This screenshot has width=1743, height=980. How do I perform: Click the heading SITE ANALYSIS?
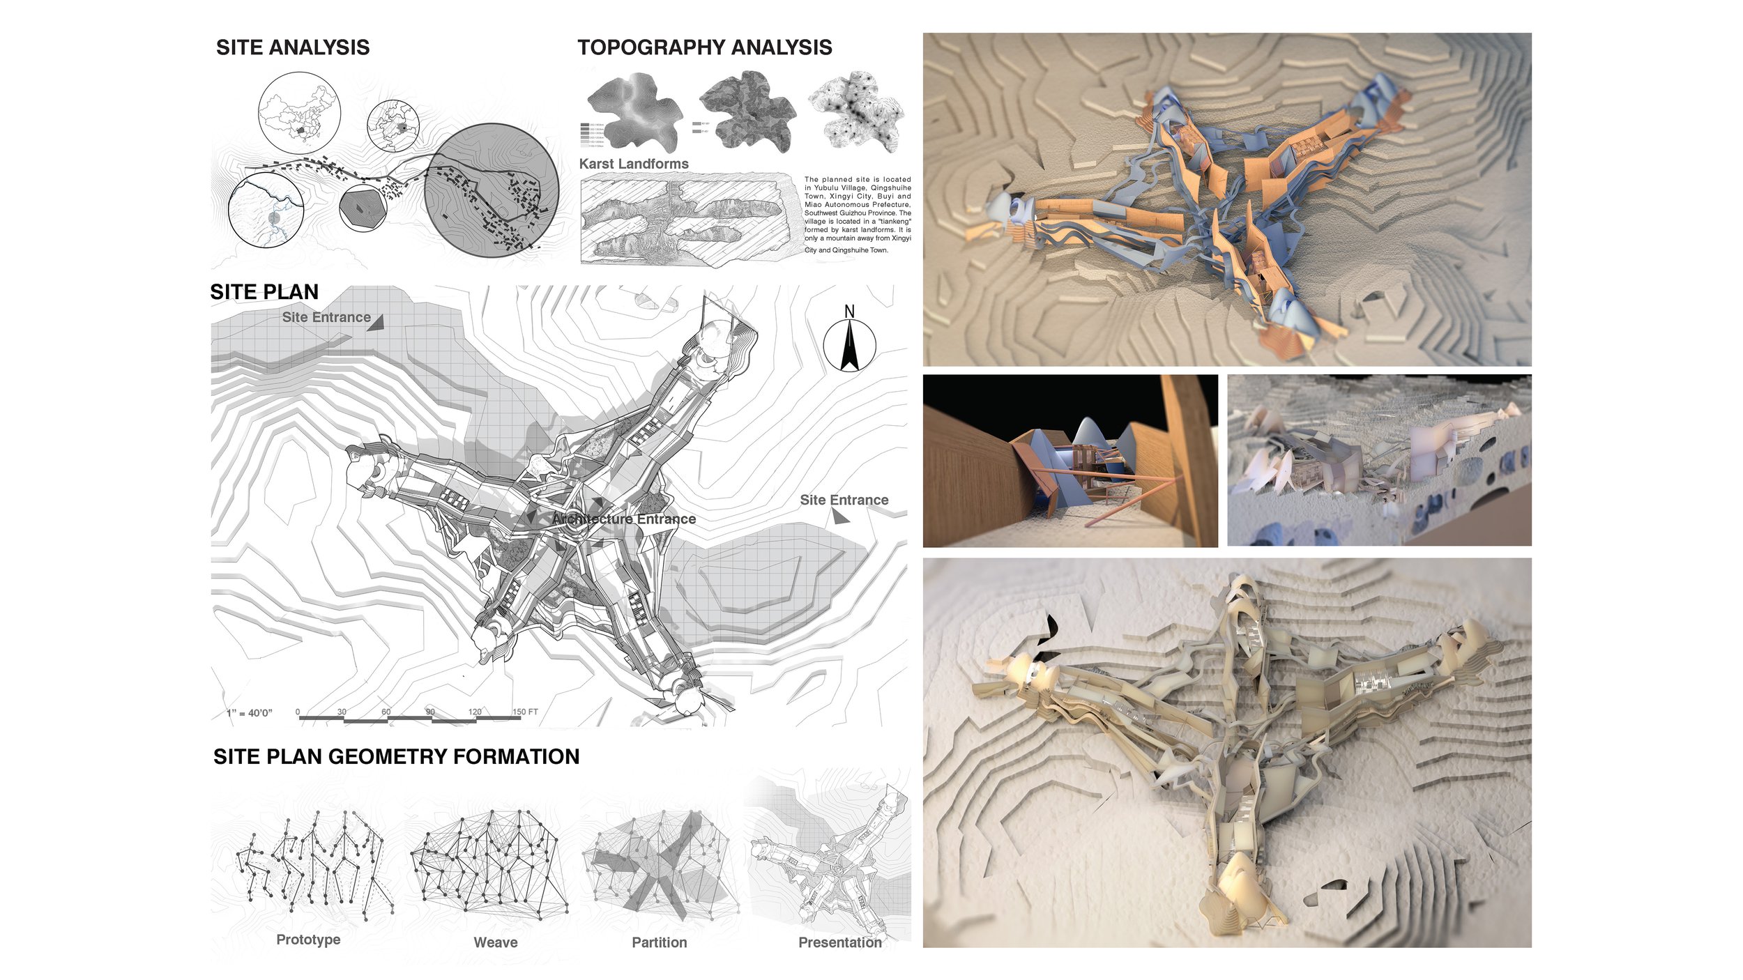click(x=293, y=47)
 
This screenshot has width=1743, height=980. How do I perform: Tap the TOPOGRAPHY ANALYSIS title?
click(x=704, y=47)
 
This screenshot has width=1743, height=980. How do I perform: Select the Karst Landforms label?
click(x=634, y=164)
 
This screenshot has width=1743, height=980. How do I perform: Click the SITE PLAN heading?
click(x=264, y=292)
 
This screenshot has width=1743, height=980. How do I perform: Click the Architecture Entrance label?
click(x=623, y=519)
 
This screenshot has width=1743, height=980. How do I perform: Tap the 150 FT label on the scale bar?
click(x=525, y=712)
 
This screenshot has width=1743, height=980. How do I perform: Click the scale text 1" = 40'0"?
click(x=249, y=713)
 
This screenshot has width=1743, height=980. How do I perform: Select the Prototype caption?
click(x=308, y=940)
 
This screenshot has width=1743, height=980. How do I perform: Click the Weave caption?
click(x=496, y=942)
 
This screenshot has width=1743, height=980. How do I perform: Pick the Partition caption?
click(x=660, y=942)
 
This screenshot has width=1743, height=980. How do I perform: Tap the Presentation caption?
click(x=840, y=942)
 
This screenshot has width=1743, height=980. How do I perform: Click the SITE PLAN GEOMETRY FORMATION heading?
click(x=396, y=757)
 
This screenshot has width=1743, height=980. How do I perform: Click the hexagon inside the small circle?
click(x=362, y=207)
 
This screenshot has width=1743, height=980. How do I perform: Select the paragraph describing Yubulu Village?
click(x=858, y=215)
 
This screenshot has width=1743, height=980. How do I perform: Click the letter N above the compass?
click(x=849, y=312)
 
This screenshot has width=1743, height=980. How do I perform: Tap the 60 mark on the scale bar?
click(x=386, y=712)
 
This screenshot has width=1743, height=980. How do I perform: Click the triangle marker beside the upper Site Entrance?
click(x=376, y=322)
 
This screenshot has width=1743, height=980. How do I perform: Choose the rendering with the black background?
click(x=1070, y=461)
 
